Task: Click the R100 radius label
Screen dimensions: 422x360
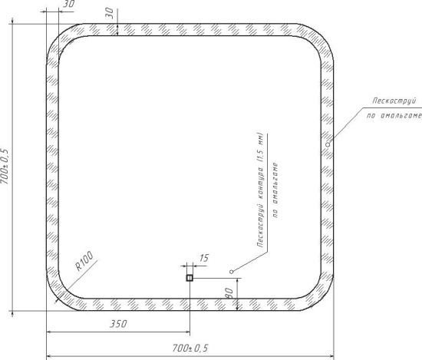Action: [x=84, y=261]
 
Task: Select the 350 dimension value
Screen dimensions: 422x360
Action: [x=118, y=324]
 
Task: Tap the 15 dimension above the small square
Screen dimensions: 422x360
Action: [x=204, y=258]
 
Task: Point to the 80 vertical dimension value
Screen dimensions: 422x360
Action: [x=229, y=293]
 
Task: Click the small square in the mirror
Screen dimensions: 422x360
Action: [x=190, y=278]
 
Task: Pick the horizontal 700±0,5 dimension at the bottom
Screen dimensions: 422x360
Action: [x=190, y=348]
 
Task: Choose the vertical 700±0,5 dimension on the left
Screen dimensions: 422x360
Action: [x=5, y=166]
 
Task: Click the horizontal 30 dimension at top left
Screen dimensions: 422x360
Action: [x=68, y=4]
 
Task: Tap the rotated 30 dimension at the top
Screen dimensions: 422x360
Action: [x=109, y=13]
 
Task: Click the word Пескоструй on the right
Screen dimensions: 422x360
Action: [x=394, y=101]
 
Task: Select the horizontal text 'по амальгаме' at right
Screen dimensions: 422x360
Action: [x=394, y=115]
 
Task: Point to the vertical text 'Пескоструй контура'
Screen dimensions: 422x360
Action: [x=260, y=206]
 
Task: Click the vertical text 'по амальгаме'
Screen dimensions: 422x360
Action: [x=275, y=190]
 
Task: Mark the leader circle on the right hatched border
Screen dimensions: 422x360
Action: [x=328, y=144]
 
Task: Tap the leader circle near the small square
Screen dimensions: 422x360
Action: [x=232, y=272]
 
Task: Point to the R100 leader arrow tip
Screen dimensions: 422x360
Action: [x=55, y=302]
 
